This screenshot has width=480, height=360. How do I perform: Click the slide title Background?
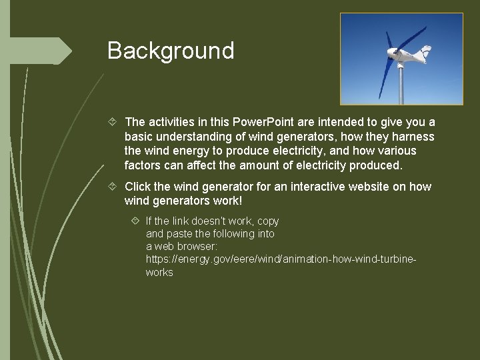click(171, 51)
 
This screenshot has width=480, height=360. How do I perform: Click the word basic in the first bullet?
click(139, 136)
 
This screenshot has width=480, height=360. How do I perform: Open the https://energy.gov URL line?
click(281, 259)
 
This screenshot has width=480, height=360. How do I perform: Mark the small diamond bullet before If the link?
click(136, 221)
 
